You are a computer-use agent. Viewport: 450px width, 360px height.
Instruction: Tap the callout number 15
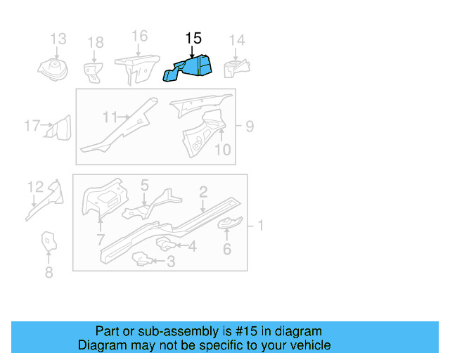[x=193, y=39]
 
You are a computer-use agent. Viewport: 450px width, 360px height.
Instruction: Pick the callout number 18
[x=95, y=44]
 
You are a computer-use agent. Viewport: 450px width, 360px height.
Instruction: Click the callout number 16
[x=139, y=36]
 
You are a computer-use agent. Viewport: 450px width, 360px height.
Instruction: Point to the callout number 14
[x=237, y=40]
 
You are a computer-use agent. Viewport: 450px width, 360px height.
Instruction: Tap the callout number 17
[x=32, y=127]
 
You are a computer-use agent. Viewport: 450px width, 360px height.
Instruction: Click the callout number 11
[x=110, y=117]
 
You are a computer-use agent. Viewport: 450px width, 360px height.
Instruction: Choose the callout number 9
[x=250, y=127]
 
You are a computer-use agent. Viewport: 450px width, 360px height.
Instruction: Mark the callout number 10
[x=222, y=149]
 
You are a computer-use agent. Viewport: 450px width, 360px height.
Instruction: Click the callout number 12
[x=35, y=186]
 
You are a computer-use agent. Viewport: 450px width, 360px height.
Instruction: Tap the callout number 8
[x=49, y=273]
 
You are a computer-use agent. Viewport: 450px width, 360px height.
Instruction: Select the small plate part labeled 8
[x=48, y=241]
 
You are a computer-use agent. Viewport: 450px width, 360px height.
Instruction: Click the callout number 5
[x=144, y=186]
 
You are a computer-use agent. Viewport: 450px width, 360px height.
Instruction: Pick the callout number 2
[x=202, y=191]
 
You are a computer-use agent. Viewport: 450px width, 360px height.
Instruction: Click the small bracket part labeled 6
[x=229, y=224]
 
